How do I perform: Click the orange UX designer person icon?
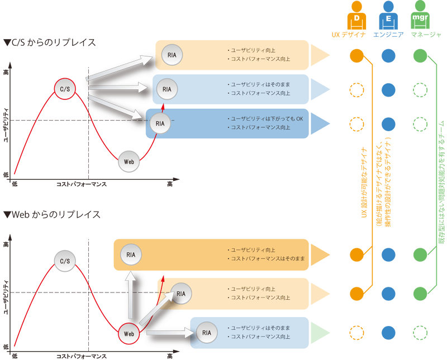point(357,17)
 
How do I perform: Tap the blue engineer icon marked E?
point(388,17)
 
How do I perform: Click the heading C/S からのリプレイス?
point(49,42)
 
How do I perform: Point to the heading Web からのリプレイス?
point(51,215)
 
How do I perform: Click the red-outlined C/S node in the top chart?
point(65,88)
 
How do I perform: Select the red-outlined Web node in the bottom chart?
point(129,333)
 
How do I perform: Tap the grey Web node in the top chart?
point(129,161)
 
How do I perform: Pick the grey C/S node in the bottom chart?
point(65,261)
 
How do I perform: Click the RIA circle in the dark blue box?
point(160,123)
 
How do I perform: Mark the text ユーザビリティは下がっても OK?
point(267,119)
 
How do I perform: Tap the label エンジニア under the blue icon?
point(388,35)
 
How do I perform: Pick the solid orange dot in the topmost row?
point(356,55)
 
